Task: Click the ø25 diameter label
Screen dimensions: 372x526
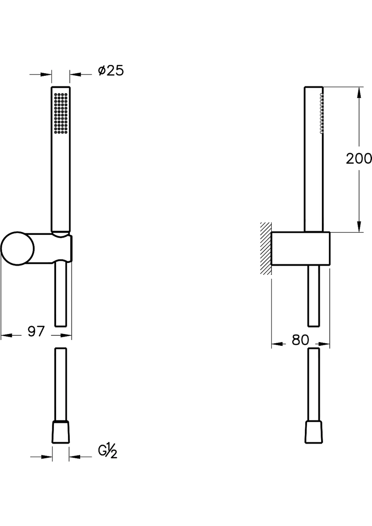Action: [x=111, y=71]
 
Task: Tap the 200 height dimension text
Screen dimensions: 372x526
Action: [x=359, y=159]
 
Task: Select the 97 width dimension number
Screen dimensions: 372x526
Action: [x=36, y=331]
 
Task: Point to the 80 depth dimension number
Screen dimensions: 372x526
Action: [x=300, y=340]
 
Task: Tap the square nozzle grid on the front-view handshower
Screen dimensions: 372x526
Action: [x=61, y=114]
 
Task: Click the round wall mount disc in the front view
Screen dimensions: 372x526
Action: [x=18, y=249]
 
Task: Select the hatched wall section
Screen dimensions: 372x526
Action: [x=266, y=248]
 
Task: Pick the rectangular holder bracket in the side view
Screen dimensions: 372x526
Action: [x=300, y=248]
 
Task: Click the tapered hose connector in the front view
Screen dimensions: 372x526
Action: [x=61, y=432]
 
